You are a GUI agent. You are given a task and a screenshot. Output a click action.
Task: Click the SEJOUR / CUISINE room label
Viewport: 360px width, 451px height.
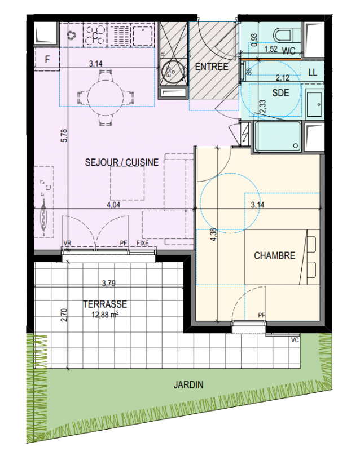pyautogui.click(x=122, y=162)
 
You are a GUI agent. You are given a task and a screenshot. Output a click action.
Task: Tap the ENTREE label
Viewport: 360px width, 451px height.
pyautogui.click(x=212, y=67)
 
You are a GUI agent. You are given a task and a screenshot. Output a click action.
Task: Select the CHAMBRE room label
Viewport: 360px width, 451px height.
pyautogui.click(x=274, y=255)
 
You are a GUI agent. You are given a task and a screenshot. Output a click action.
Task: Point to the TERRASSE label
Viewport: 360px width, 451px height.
pyautogui.click(x=105, y=304)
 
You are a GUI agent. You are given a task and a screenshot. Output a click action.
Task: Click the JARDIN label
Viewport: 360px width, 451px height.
pyautogui.click(x=188, y=384)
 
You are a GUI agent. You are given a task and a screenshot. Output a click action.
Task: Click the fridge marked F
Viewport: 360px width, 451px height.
pyautogui.click(x=47, y=59)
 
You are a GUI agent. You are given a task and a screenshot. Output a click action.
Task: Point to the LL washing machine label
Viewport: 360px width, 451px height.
pyautogui.click(x=313, y=72)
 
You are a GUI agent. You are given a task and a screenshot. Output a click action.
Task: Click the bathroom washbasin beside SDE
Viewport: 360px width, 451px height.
pyautogui.click(x=314, y=104)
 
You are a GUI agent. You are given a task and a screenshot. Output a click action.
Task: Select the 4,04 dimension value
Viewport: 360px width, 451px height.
pyautogui.click(x=113, y=205)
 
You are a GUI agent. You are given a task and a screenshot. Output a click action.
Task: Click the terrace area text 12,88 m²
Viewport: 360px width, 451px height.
pyautogui.click(x=105, y=315)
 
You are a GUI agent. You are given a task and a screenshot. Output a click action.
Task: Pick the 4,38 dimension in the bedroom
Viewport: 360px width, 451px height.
pyautogui.click(x=213, y=235)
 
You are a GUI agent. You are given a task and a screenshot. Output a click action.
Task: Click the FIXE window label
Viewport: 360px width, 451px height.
pyautogui.click(x=143, y=243)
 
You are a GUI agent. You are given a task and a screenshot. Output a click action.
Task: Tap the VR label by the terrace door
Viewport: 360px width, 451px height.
pyautogui.click(x=67, y=243)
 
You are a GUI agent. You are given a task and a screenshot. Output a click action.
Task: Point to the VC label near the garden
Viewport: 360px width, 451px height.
pyautogui.click(x=295, y=340)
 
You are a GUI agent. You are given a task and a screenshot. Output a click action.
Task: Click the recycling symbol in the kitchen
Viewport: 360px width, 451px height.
pyautogui.click(x=72, y=36)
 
